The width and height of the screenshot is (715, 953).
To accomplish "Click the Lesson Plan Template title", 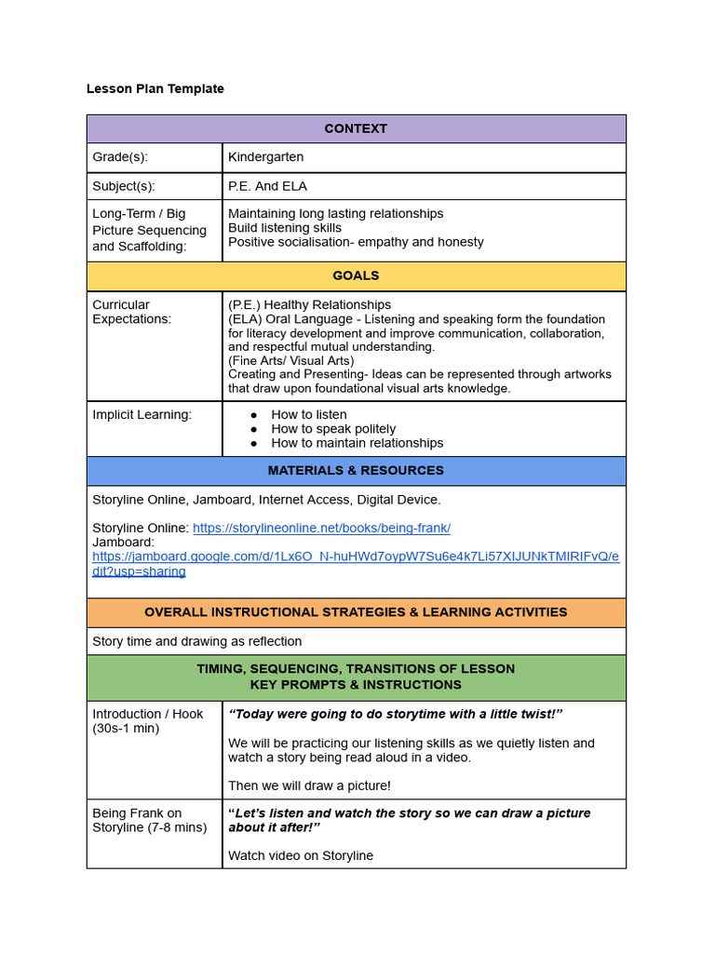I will click(x=155, y=89).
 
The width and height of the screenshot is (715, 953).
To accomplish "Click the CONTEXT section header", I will click(x=356, y=128).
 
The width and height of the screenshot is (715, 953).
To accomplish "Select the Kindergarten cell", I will click(x=265, y=157).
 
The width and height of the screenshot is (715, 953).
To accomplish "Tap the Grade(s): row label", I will click(x=120, y=157).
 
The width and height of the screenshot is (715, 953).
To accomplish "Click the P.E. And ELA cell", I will click(x=267, y=186).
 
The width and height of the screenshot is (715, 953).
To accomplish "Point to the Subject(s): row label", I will click(x=124, y=186).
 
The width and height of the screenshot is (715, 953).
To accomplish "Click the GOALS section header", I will click(x=356, y=276).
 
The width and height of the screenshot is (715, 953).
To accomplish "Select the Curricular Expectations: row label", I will click(x=131, y=312).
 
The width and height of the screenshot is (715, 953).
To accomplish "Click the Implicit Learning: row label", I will click(x=142, y=415).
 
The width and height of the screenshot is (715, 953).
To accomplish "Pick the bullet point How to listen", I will click(x=308, y=415).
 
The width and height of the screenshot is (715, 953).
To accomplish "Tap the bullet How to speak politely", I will click(x=333, y=429).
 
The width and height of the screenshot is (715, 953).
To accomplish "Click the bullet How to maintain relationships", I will click(x=357, y=443).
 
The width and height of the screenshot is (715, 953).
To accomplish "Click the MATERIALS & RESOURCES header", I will click(x=356, y=471).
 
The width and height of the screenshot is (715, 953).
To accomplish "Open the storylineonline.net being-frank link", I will click(x=321, y=529).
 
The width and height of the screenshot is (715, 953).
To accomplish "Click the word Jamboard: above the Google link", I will click(x=124, y=543).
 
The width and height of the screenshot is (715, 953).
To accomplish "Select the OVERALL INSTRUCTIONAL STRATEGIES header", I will click(x=356, y=612).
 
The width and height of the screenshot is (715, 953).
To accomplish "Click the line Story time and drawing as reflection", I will click(x=196, y=641).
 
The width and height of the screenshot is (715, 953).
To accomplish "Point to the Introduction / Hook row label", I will click(x=147, y=714).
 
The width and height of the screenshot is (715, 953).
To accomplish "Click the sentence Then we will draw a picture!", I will click(x=309, y=785).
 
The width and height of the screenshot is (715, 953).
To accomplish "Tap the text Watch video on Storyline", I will click(x=300, y=855).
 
